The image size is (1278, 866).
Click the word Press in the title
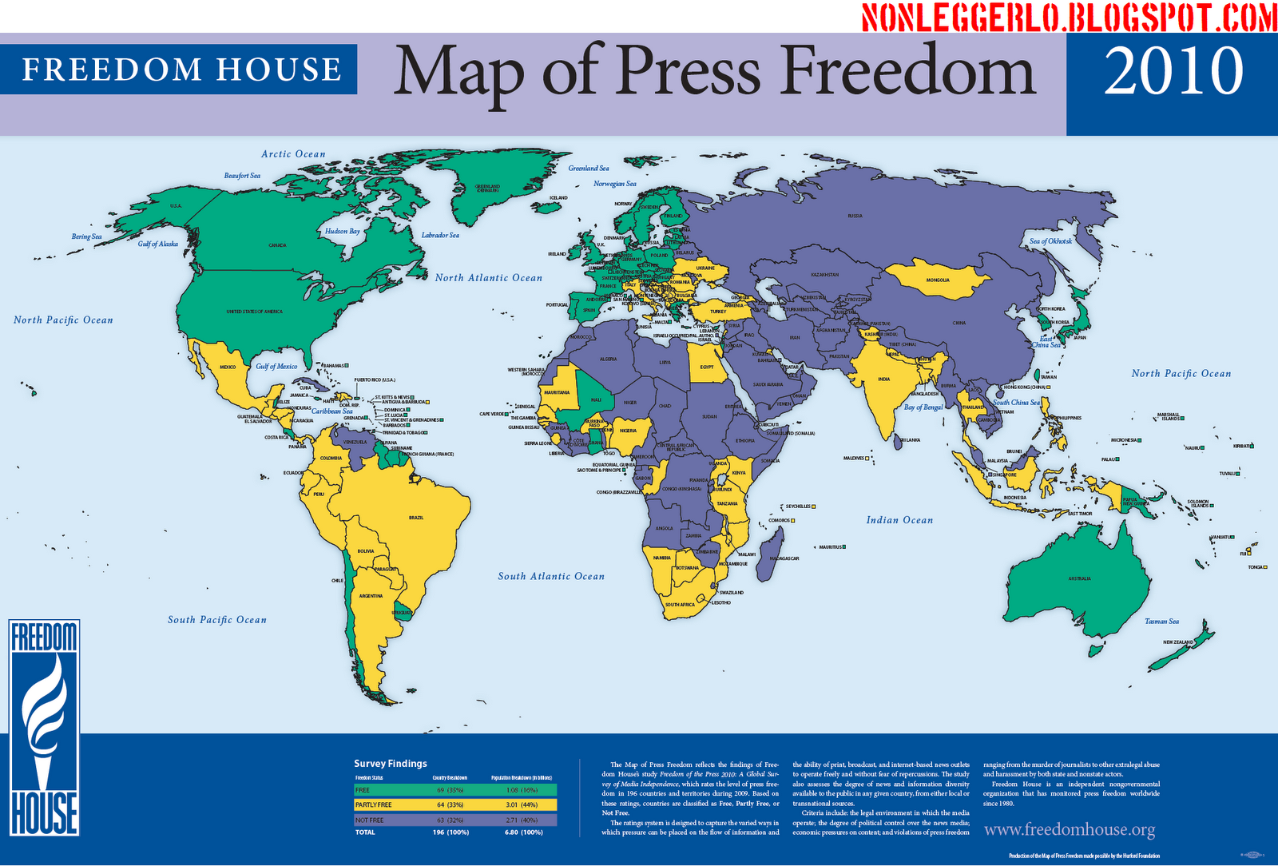coord(688,72)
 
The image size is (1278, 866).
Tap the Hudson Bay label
coord(342,232)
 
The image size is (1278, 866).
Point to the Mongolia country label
coord(938,280)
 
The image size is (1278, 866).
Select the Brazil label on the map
coord(416,518)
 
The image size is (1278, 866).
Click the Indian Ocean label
coord(899,520)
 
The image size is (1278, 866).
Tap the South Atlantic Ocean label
coord(551,576)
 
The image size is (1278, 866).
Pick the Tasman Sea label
coord(1161,622)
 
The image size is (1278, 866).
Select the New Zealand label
coord(1178,642)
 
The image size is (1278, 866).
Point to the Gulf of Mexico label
coord(276,367)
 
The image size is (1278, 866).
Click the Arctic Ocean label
coord(293,154)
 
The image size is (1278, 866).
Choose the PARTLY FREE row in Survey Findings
coord(455,805)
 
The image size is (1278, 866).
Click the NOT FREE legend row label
coord(370,820)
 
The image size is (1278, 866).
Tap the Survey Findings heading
coord(391,764)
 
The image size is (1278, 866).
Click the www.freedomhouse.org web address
coord(1070,830)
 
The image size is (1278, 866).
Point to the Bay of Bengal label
coord(923,407)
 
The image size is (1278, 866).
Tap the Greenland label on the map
coord(487,189)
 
